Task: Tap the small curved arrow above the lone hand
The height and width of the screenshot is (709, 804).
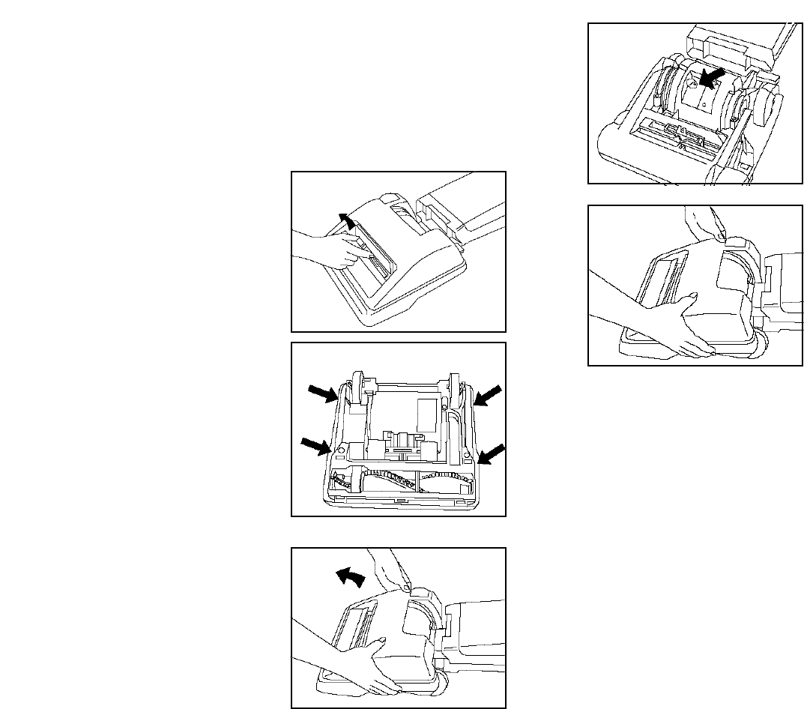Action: (345, 220)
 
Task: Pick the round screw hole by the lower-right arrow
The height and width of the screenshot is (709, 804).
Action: (467, 454)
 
